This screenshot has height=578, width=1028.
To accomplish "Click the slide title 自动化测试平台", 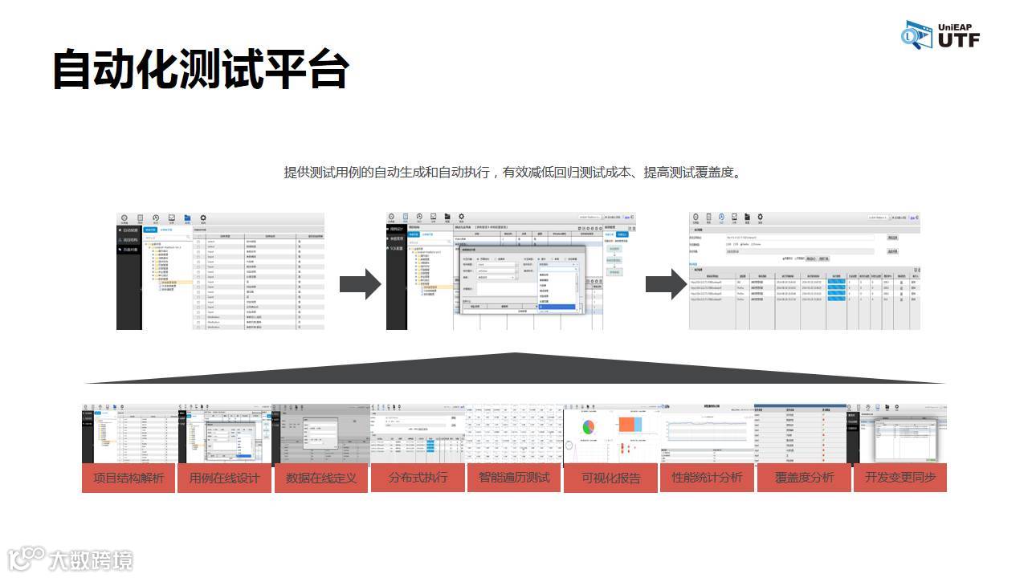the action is (201, 70).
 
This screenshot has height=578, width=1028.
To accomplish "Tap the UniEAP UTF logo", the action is (940, 35).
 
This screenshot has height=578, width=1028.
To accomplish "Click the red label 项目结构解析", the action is (128, 478).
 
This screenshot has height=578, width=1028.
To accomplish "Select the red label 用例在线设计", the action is (225, 478).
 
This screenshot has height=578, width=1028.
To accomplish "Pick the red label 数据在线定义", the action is (321, 478).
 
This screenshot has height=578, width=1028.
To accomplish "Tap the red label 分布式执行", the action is (418, 478).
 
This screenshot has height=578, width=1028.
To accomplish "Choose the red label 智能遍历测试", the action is (514, 478).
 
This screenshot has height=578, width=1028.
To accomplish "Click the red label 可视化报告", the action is (611, 478).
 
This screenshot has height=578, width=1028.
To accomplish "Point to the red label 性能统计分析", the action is (708, 478).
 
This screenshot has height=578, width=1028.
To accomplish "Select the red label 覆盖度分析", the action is (804, 478).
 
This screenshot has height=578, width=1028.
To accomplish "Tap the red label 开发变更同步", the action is (900, 478).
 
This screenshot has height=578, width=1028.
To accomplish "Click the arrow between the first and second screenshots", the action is (360, 284).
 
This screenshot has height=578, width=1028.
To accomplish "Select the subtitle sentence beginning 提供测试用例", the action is (513, 173).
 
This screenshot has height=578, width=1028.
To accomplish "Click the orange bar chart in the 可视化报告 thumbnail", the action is (630, 424).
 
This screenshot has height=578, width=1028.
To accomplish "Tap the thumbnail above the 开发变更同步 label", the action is (900, 433).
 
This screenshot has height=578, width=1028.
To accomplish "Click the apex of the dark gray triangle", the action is (514, 354).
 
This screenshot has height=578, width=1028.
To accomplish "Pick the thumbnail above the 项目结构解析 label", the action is (128, 433).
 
